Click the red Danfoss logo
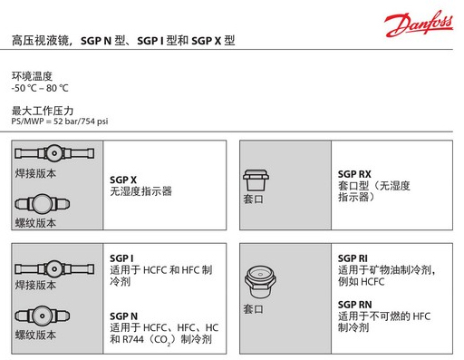419,24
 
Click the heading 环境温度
32,76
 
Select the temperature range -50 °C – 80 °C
40,88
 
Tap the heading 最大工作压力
43,111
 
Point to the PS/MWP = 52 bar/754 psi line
60,122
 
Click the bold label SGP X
123,180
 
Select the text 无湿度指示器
140,191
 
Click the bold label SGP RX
354,174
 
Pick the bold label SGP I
121,258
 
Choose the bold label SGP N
123,316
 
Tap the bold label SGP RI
353,258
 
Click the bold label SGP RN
354,305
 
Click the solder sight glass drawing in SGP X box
54,153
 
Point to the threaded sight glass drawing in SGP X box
43,204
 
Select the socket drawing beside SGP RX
256,180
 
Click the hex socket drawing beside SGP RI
260,281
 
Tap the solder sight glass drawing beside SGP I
54,268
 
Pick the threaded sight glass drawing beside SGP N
43,316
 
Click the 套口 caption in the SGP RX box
253,199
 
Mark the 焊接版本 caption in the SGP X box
35,173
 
